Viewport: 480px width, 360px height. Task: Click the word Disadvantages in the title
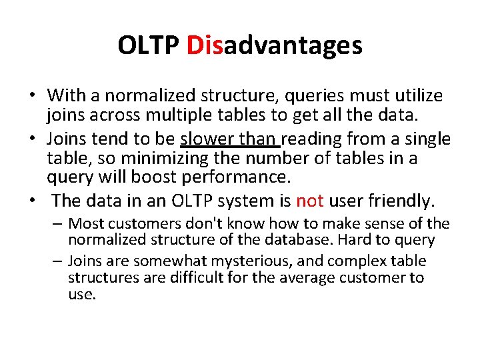[x=275, y=45]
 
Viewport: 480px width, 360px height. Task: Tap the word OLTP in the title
[x=149, y=45]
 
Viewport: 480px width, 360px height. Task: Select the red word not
[x=309, y=200]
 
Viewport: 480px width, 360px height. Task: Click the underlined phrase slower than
[x=230, y=139]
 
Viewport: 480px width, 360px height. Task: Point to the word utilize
[x=413, y=96]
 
